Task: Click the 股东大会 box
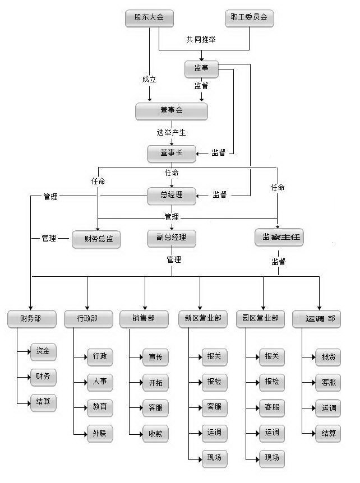tap(149, 18)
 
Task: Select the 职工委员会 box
tap(249, 18)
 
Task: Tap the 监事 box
tap(201, 69)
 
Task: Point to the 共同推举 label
tap(201, 40)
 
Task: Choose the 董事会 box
tap(172, 111)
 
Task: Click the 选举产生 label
tap(171, 133)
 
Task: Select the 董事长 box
tap(172, 153)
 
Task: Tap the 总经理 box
tap(172, 196)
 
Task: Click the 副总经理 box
tap(172, 238)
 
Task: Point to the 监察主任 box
tap(279, 238)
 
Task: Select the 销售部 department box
tap(144, 319)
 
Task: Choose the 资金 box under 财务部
tap(43, 351)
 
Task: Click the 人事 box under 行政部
tap(100, 382)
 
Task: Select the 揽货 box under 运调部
tap(329, 357)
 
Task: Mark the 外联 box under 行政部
tap(100, 433)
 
